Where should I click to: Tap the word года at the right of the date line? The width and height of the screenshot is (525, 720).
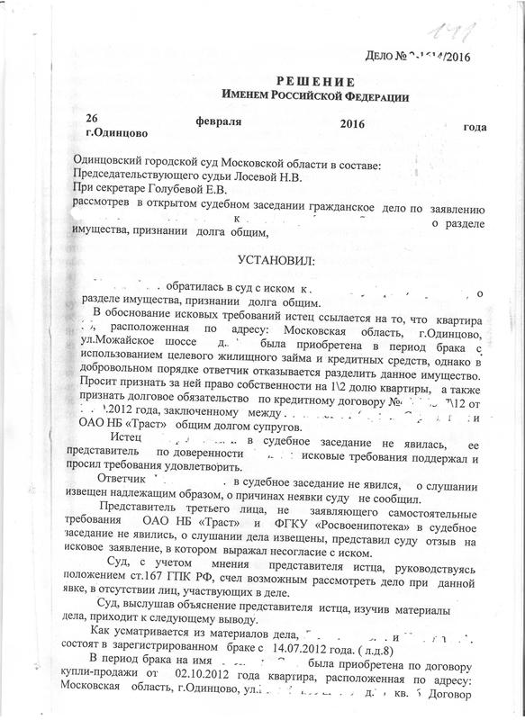[475, 126]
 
